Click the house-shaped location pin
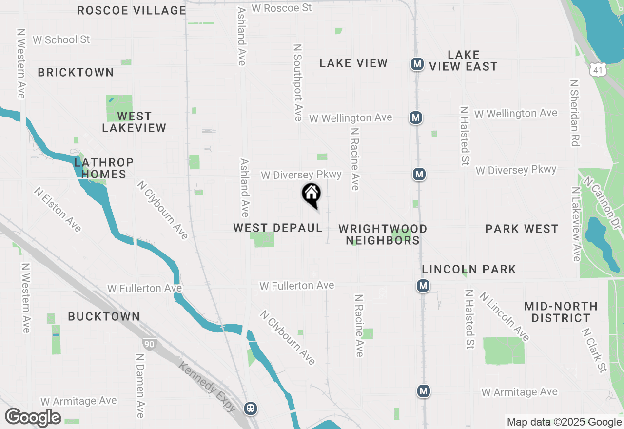coord(312,195)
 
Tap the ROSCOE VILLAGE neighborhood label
coord(132,10)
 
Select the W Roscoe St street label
coord(281,8)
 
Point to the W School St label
coord(61,39)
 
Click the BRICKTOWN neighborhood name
coord(76,72)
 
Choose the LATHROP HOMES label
coord(104,168)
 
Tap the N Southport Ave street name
coord(297,82)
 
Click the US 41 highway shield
coord(598,70)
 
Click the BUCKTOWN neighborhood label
coord(104,316)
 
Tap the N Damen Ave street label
coord(139,386)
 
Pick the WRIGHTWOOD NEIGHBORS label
coord(383,234)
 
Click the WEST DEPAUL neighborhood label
coord(278,228)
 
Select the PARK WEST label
coord(522,229)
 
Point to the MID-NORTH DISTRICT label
coord(561,312)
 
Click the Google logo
coord(33,417)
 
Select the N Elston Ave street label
coord(57,210)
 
